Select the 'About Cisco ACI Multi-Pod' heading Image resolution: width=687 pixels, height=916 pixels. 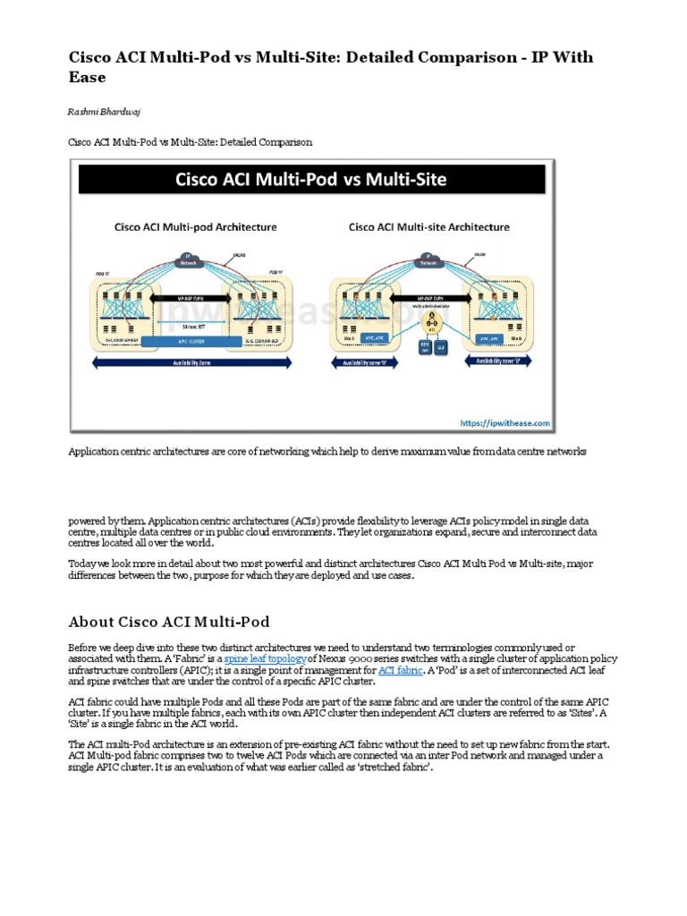pos(169,622)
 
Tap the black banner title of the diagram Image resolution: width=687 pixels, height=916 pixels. pos(311,179)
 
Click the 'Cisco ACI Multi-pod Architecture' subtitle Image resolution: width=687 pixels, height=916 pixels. pos(196,227)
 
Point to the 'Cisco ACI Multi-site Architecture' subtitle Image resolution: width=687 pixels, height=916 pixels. pos(429,227)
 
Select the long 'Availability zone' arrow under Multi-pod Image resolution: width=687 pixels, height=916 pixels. pos(195,362)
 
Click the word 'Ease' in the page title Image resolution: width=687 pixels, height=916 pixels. pos(88,77)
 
